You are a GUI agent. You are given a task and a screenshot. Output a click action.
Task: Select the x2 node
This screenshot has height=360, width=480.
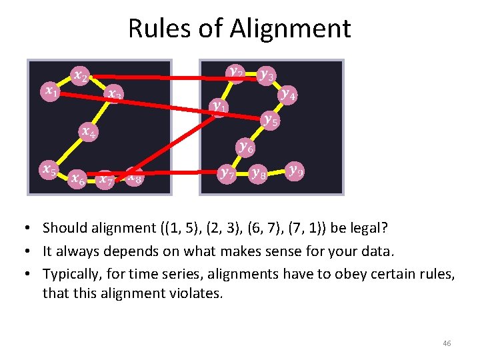tap(80, 75)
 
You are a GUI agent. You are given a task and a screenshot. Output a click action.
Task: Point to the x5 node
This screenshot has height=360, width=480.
tap(48, 170)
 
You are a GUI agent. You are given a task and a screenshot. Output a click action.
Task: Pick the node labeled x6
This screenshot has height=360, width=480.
tap(77, 178)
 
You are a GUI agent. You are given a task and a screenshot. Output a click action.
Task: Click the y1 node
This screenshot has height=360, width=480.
tap(218, 106)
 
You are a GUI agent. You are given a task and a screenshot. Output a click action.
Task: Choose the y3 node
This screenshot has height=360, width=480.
tap(267, 75)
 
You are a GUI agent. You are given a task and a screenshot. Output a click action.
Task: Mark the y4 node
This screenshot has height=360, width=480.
tap(289, 94)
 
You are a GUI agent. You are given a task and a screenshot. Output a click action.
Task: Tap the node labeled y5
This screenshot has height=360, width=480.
tap(270, 120)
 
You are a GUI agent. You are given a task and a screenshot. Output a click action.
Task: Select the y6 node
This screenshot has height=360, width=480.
tap(245, 146)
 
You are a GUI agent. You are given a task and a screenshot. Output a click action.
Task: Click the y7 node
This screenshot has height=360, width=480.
tap(227, 174)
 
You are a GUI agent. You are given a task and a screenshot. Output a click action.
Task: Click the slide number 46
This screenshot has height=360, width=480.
tap(447, 343)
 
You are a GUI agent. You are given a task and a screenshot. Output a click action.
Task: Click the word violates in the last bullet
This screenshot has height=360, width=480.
tap(198, 293)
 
